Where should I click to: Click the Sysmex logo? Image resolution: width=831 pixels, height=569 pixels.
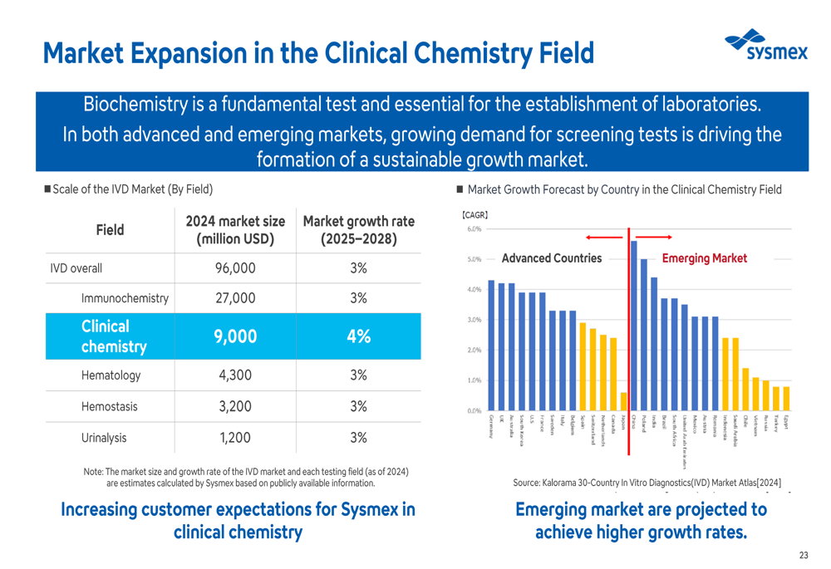(x=765, y=46)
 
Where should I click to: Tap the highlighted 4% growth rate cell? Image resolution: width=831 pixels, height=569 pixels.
(x=358, y=336)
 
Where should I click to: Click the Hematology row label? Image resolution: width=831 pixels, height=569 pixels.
(x=111, y=375)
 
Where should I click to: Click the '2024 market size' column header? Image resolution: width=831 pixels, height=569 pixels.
(x=236, y=229)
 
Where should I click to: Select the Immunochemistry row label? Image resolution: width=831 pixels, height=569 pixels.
(x=125, y=298)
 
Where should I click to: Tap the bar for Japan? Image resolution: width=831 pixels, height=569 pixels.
(x=624, y=401)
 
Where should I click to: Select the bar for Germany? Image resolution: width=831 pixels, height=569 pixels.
(x=491, y=345)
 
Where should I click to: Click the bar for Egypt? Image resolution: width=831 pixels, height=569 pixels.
(x=786, y=399)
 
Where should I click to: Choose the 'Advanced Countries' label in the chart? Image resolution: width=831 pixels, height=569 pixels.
(x=552, y=258)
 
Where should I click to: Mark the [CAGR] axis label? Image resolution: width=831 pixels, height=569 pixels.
(x=475, y=215)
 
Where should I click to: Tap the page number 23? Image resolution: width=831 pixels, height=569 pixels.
(x=803, y=555)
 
